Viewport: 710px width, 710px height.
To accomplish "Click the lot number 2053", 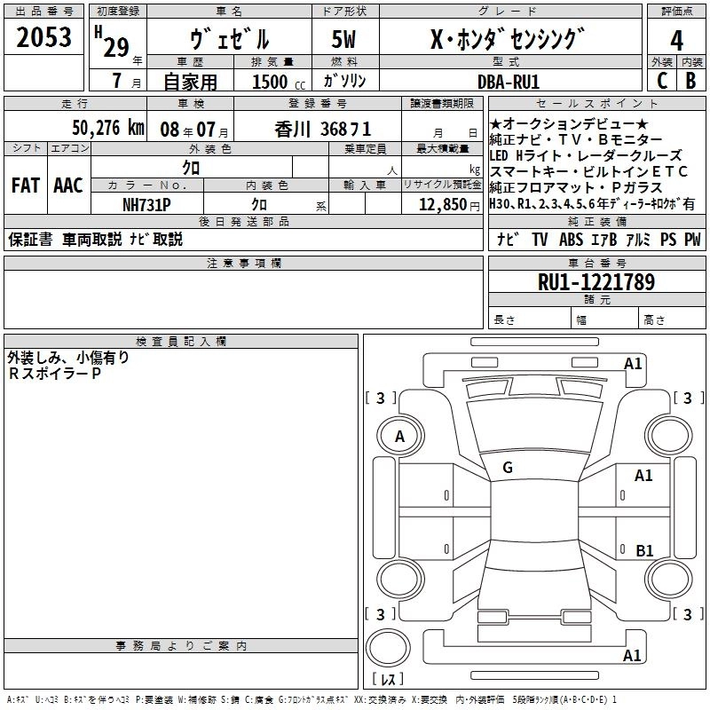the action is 43,37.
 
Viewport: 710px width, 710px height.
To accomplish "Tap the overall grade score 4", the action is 676,40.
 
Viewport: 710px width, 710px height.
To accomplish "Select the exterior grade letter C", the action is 662,81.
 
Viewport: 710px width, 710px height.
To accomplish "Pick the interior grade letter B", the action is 690,81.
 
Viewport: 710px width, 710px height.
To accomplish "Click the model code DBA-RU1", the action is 509,82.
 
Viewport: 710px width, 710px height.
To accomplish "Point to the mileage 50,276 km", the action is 108,128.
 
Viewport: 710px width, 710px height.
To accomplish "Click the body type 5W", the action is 343,39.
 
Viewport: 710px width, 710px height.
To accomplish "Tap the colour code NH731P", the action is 146,205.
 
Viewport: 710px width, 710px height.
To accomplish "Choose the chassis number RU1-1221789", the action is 596,282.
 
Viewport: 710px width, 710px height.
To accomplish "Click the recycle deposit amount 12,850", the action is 443,205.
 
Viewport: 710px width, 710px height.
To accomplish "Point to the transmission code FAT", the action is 26,185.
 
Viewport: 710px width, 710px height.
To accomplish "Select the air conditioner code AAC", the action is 68,185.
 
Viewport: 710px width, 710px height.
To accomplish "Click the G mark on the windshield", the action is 508,468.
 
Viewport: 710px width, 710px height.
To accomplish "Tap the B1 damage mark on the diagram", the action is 644,550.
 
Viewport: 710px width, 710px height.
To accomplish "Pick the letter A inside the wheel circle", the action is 399,437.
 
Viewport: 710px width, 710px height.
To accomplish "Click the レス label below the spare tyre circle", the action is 388,678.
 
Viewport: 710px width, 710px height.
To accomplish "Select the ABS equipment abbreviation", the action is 571,239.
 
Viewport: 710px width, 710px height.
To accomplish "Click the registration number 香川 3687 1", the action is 323,130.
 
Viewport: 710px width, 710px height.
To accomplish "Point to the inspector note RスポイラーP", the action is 54,374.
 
